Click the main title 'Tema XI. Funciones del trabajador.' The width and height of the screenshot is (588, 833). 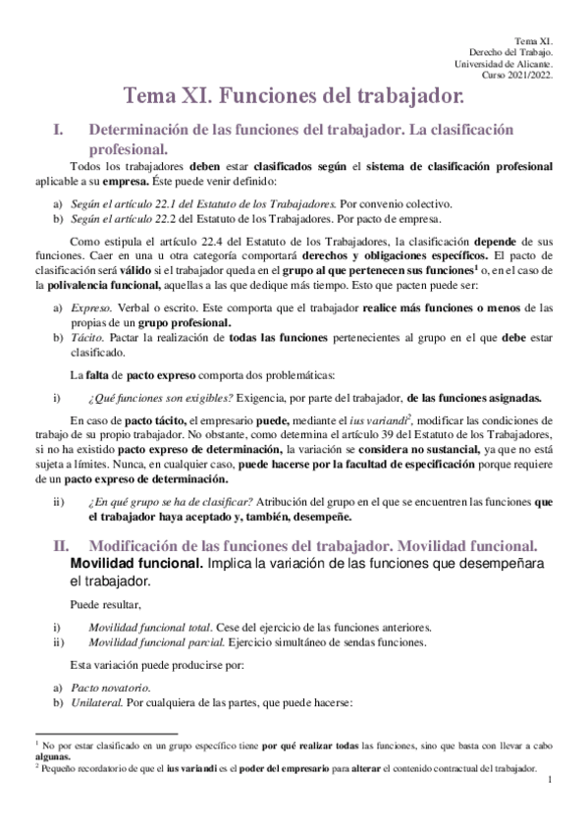coord(294,96)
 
